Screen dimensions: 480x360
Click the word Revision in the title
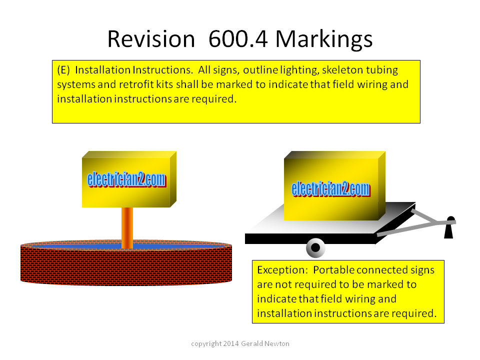tap(151, 39)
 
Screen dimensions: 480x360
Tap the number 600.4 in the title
tap(238, 39)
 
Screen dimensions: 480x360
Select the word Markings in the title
tap(324, 40)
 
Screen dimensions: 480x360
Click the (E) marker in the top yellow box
tap(63, 70)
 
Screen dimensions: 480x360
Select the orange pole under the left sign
tap(127, 228)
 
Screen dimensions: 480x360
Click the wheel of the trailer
tap(315, 247)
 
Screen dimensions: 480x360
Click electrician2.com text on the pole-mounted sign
tap(126, 179)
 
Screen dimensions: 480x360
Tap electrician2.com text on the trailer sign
tap(331, 189)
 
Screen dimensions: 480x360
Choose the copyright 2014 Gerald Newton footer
tap(240, 344)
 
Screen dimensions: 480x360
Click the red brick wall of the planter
tap(126, 265)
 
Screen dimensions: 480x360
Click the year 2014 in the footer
tap(231, 344)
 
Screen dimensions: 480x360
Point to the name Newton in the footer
tap(277, 344)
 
